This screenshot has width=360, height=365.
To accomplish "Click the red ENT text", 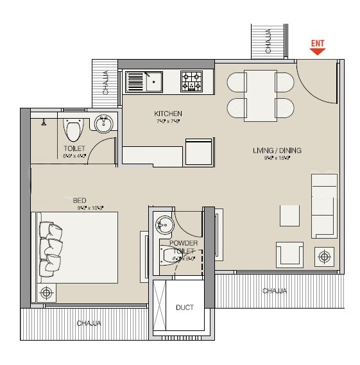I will pyautogui.click(x=318, y=43).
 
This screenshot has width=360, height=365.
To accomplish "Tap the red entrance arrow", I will pyautogui.click(x=318, y=51).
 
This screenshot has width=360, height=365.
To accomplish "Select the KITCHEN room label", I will pyautogui.click(x=169, y=114).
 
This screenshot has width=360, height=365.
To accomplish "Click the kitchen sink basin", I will pyautogui.click(x=155, y=81).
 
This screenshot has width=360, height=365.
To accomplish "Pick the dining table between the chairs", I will pyautogui.click(x=261, y=94).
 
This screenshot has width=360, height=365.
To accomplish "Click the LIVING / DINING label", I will pyautogui.click(x=277, y=151).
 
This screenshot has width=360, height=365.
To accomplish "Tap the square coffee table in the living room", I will pyautogui.click(x=289, y=215).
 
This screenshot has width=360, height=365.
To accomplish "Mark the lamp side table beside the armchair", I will pyautogui.click(x=325, y=257).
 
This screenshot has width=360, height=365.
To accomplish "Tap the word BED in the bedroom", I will pyautogui.click(x=80, y=199).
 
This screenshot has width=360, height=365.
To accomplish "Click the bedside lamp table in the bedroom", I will pyautogui.click(x=46, y=293).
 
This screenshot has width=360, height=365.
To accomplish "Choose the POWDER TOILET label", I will pyautogui.click(x=184, y=248).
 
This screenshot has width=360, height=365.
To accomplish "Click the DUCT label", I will pyautogui.click(x=185, y=308).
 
